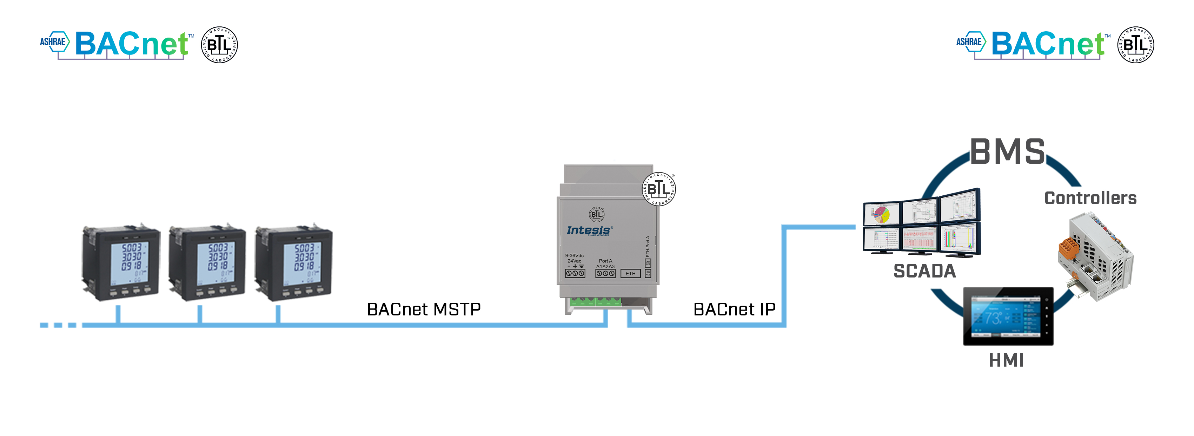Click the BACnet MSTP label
pyautogui.click(x=424, y=310)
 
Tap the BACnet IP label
pyautogui.click(x=734, y=310)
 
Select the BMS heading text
pyautogui.click(x=1007, y=152)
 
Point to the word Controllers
pyautogui.click(x=1090, y=198)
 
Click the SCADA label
pyautogui.click(x=924, y=271)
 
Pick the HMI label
pyautogui.click(x=1006, y=360)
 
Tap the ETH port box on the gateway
pyautogui.click(x=630, y=274)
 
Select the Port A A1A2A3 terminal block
pyautogui.click(x=605, y=274)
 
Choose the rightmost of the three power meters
pyautogui.click(x=294, y=263)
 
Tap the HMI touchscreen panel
pyautogui.click(x=1008, y=316)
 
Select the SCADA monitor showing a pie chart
pyautogui.click(x=882, y=214)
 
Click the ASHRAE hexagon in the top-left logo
pyautogui.click(x=54, y=42)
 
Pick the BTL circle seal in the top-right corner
pyautogui.click(x=1136, y=45)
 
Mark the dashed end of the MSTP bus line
pyautogui.click(x=58, y=325)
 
